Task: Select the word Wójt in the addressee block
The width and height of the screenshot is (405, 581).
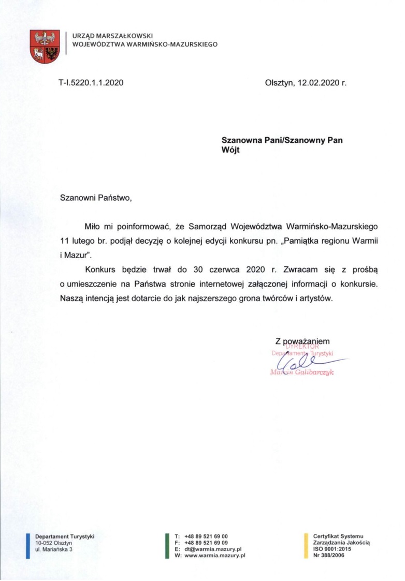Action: (231, 150)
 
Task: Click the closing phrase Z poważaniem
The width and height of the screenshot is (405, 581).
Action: (302, 341)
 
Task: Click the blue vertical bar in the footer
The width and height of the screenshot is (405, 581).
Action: (27, 545)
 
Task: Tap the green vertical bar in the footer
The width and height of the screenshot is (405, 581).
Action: (167, 545)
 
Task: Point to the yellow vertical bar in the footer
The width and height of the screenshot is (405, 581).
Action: (306, 545)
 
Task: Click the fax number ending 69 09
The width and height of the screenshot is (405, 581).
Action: (206, 542)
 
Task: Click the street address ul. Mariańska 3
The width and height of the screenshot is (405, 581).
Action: (53, 549)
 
